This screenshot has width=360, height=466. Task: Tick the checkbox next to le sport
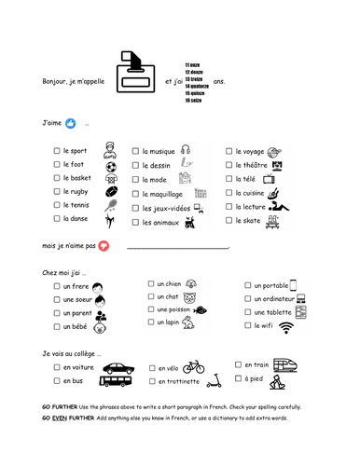[58, 149]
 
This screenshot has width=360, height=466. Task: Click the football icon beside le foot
[111, 168]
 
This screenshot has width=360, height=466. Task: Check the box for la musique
[136, 149]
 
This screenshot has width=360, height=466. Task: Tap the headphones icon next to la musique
[186, 148]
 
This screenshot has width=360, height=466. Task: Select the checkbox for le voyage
[228, 150]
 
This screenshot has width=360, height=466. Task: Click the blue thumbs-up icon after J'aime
[69, 123]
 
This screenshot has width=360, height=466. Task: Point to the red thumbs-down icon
[104, 246]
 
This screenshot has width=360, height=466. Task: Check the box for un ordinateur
[248, 299]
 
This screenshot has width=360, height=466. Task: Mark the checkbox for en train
[239, 365]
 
